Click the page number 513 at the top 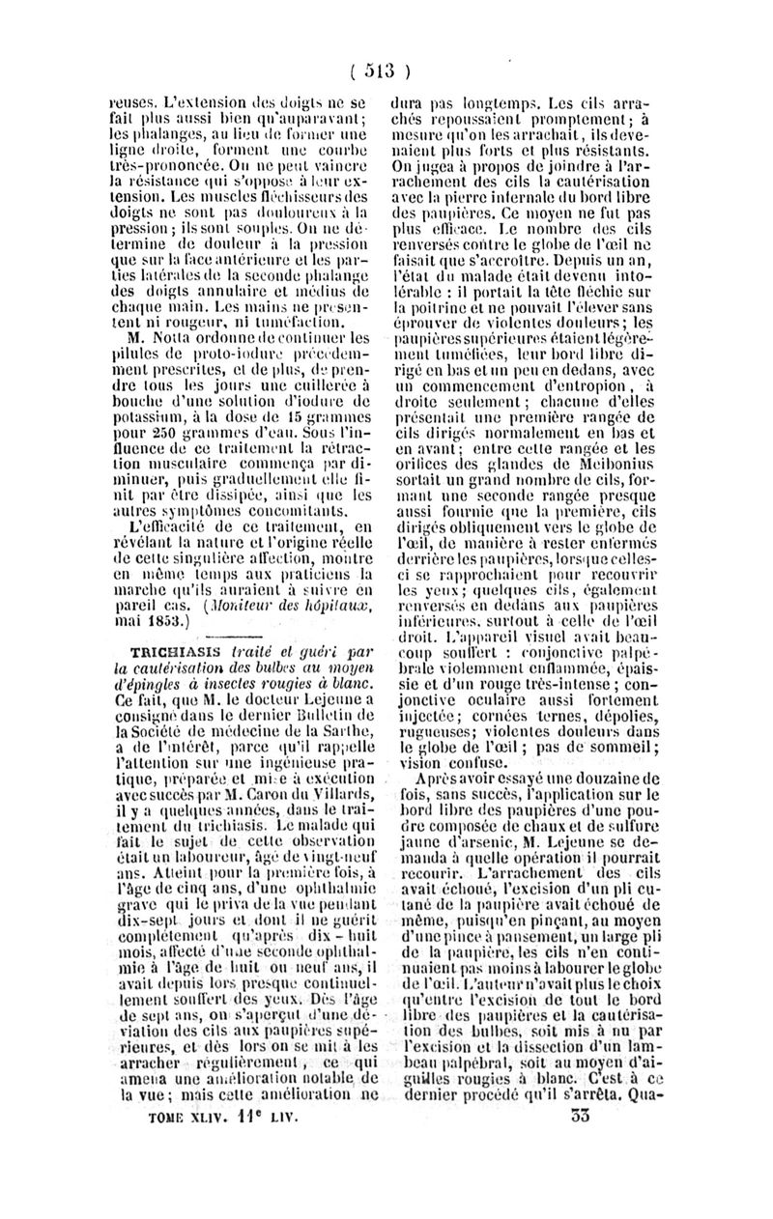coord(384,71)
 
